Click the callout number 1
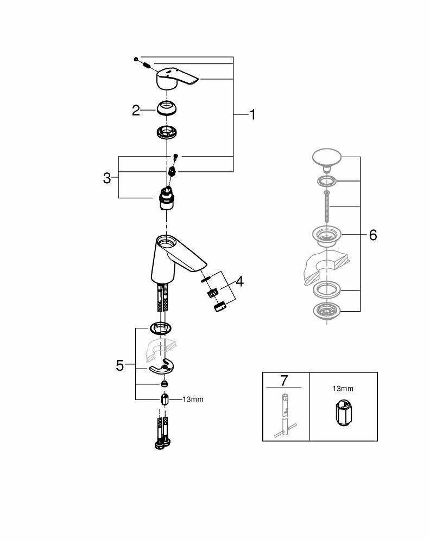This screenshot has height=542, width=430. [252, 114]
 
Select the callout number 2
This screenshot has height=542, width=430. [136, 111]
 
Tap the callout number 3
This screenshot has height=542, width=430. [107, 178]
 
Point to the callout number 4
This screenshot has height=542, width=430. [239, 281]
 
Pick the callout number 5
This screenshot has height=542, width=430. [120, 366]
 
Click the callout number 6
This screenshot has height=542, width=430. [372, 235]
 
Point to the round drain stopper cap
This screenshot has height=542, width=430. [325, 159]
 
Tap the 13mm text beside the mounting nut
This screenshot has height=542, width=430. [193, 399]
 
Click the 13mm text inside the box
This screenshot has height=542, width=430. [343, 389]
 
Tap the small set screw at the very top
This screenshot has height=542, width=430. [137, 58]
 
